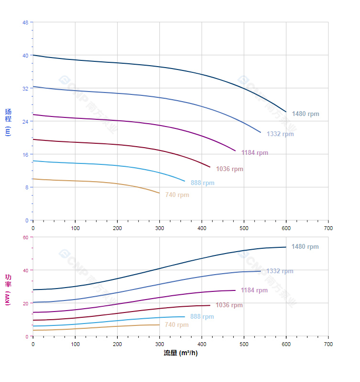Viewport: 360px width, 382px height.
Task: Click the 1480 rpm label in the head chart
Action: point(305,114)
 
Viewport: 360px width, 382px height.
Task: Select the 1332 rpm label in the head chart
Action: point(280,134)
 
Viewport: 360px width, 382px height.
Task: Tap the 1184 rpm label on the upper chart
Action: point(255,153)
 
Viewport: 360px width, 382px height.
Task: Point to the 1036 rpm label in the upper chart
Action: point(229,169)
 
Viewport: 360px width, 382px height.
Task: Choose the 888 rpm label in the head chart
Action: point(202,183)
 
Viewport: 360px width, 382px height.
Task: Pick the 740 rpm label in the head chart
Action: point(177,195)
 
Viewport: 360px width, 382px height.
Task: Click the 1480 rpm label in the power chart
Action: point(305,247)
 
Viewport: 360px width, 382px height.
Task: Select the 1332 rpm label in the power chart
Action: point(280,271)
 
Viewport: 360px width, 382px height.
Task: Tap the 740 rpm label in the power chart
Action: point(177,325)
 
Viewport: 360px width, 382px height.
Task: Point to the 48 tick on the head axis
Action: point(25,22)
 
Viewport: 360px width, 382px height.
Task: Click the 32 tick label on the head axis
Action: point(25,88)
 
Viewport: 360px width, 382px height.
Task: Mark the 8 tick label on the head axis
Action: point(27,187)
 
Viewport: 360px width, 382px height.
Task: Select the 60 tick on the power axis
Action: point(25,237)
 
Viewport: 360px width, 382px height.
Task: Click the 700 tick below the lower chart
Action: point(328,344)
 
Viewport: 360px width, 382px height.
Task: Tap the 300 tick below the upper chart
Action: point(159,228)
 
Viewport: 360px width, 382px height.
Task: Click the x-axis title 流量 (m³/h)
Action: point(180,353)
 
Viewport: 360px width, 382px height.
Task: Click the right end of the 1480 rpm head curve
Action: point(286,112)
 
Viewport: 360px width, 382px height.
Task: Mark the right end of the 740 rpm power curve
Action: point(159,325)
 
